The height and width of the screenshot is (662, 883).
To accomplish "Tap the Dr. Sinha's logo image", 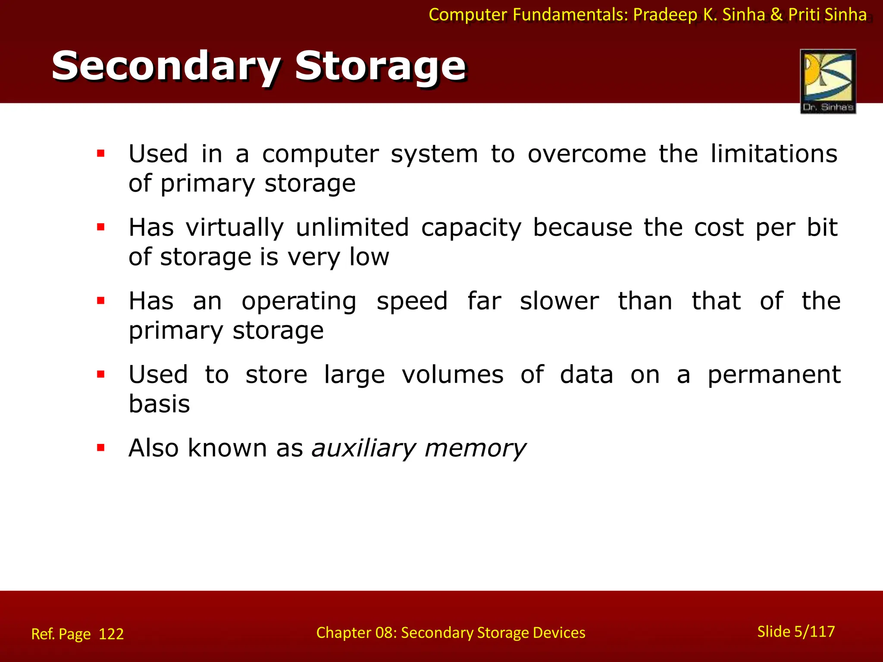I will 827,81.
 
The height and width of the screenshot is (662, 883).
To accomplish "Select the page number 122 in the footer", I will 111,634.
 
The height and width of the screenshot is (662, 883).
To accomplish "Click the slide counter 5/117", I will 814,631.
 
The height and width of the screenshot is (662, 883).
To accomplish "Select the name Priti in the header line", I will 804,15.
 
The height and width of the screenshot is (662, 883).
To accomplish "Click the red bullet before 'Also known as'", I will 101,448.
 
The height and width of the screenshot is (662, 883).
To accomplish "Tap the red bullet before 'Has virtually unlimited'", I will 101,227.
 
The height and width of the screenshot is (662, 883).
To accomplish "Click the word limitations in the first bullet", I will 773,154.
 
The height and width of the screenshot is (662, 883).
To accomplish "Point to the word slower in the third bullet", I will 559,301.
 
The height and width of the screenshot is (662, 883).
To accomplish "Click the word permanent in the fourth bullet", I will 774,375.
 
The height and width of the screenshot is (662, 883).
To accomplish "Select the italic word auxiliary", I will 363,448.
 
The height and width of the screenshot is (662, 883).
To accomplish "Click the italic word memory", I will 475,448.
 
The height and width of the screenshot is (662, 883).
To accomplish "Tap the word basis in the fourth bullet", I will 159,404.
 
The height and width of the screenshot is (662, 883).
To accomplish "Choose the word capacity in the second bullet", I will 471,228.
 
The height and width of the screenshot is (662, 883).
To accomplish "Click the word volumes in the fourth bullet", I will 452,375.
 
